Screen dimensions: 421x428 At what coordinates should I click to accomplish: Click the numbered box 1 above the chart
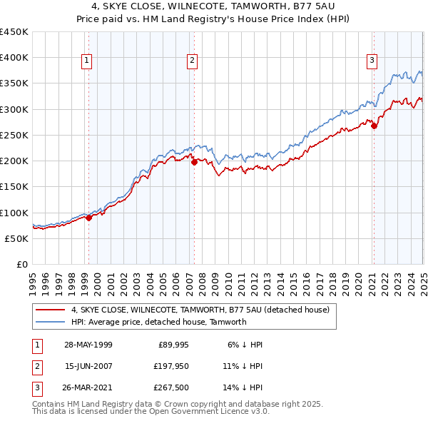pyautogui.click(x=86, y=61)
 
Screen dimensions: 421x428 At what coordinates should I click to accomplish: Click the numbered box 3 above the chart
pyautogui.click(x=372, y=61)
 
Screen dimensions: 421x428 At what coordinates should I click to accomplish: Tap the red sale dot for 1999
pyautogui.click(x=89, y=218)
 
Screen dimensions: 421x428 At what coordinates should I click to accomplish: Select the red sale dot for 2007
pyautogui.click(x=194, y=162)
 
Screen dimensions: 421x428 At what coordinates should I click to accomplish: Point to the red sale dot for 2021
pyautogui.click(x=374, y=126)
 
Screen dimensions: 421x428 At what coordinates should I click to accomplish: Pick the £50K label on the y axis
pyautogui.click(x=17, y=238)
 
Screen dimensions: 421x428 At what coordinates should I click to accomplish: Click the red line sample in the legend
pyautogui.click(x=51, y=310)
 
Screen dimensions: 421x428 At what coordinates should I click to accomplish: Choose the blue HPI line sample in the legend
pyautogui.click(x=51, y=322)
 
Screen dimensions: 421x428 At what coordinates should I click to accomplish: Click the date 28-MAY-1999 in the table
pyautogui.click(x=88, y=345)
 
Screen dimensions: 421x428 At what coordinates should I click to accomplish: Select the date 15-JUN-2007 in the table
pyautogui.click(x=88, y=367)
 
